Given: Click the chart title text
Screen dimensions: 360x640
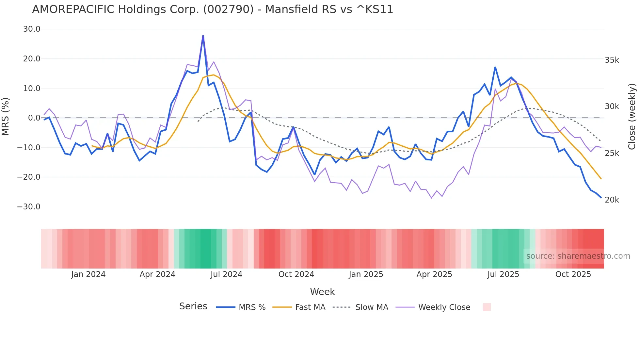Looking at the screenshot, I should click(212, 9).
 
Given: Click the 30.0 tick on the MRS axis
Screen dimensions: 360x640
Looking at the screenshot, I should click(32, 29).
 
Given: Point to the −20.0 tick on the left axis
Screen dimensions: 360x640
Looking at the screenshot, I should click(29, 177).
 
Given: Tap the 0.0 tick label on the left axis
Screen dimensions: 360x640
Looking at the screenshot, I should click(34, 118).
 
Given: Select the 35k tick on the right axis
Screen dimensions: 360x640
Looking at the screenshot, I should click(612, 60).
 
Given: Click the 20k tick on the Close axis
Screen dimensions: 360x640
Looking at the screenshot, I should click(612, 200).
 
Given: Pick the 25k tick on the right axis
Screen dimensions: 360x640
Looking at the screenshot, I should click(612, 153).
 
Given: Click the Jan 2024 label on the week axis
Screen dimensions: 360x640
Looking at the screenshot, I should click(88, 274).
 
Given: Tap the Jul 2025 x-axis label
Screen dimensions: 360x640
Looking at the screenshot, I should click(503, 274).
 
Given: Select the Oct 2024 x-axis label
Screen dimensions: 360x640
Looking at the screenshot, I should click(296, 274).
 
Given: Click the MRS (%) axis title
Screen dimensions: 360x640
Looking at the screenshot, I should click(6, 116).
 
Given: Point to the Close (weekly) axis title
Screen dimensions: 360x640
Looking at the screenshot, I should click(632, 117).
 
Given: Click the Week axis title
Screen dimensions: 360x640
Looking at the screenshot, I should click(322, 292).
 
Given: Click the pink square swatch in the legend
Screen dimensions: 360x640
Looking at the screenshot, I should click(487, 307).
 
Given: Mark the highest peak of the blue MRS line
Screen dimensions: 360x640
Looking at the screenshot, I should click(203, 36).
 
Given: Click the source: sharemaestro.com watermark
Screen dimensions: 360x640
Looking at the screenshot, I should click(578, 256).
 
